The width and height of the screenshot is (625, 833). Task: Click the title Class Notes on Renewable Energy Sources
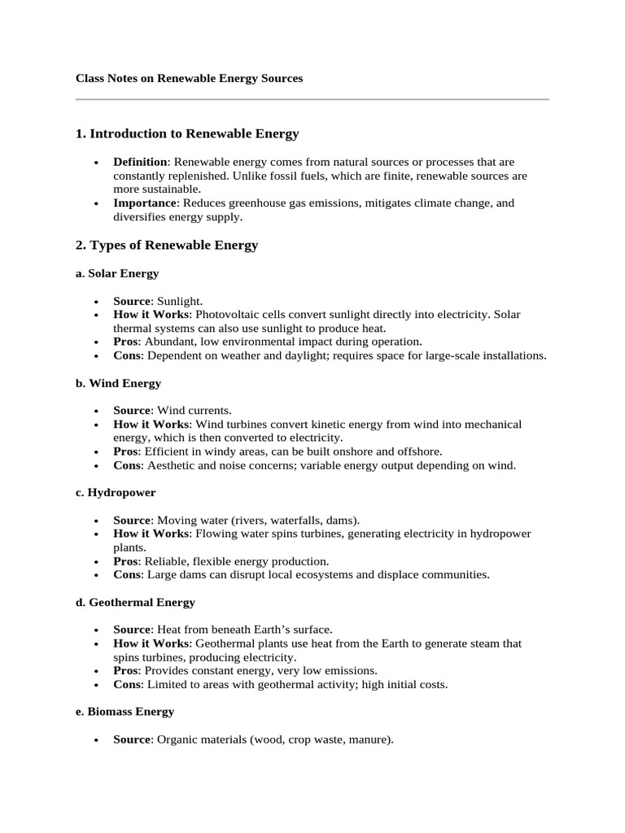click(189, 79)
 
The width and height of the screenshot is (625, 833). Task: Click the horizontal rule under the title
click(312, 100)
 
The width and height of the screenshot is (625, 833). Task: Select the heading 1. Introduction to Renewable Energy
click(187, 133)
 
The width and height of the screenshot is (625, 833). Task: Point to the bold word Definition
click(140, 162)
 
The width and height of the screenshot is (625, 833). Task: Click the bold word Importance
click(144, 203)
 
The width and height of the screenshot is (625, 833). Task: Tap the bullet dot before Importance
click(97, 203)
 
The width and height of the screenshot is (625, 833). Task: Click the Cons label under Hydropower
click(126, 574)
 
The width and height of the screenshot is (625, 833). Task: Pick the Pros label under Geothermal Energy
click(126, 670)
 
